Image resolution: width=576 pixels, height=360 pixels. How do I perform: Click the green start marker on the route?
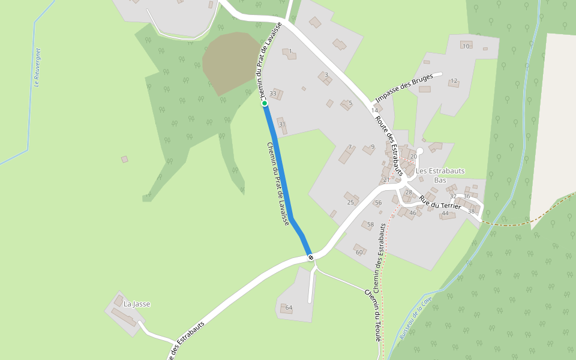[264, 103]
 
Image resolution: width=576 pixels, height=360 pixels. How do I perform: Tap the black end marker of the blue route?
[311, 257]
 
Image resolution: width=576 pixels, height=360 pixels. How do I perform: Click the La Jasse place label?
[137, 304]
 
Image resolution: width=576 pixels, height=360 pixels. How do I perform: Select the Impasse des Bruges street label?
[404, 88]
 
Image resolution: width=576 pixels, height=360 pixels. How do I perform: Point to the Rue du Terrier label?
[440, 202]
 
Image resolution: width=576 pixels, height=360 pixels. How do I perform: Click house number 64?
[289, 308]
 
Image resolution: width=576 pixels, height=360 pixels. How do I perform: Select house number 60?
[359, 252]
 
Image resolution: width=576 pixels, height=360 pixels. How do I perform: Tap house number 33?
[273, 94]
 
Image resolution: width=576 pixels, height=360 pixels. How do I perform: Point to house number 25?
[350, 202]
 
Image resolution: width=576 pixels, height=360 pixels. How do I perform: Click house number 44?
[445, 214]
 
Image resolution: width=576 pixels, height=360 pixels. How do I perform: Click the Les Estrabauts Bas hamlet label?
[440, 175]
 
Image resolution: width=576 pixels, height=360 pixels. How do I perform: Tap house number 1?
[290, 52]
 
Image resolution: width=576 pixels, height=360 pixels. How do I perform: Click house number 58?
[370, 225]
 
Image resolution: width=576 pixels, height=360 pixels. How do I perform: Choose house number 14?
[375, 110]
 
